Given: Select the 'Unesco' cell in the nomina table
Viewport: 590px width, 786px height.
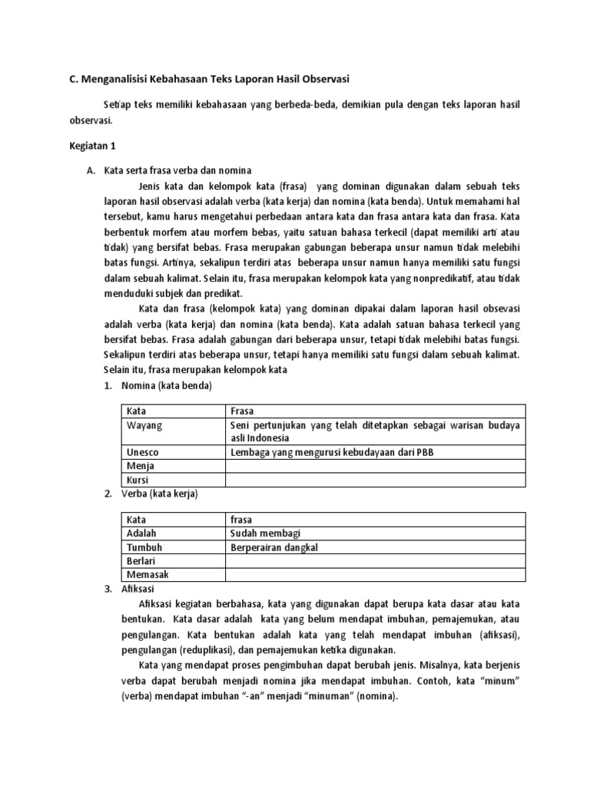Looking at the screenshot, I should click(143, 452).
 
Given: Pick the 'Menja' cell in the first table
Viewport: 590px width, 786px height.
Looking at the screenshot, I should click(141, 466).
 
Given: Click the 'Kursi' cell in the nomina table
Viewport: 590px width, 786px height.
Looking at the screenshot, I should click(139, 480).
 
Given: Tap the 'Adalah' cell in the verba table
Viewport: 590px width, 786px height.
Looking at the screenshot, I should click(141, 533).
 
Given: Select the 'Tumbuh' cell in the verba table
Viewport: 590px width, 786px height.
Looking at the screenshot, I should click(144, 547).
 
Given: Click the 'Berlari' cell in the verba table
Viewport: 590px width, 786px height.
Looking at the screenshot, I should click(142, 560).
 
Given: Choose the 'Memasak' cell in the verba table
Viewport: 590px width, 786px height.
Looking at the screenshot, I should click(147, 574).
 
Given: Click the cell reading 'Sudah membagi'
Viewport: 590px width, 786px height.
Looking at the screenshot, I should click(265, 533).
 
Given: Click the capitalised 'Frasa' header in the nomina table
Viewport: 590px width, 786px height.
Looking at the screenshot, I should click(242, 411).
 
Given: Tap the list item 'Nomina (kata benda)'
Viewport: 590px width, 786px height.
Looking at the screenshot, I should click(159, 385).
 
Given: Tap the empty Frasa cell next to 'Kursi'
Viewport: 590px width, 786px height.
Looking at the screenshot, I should click(374, 480).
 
